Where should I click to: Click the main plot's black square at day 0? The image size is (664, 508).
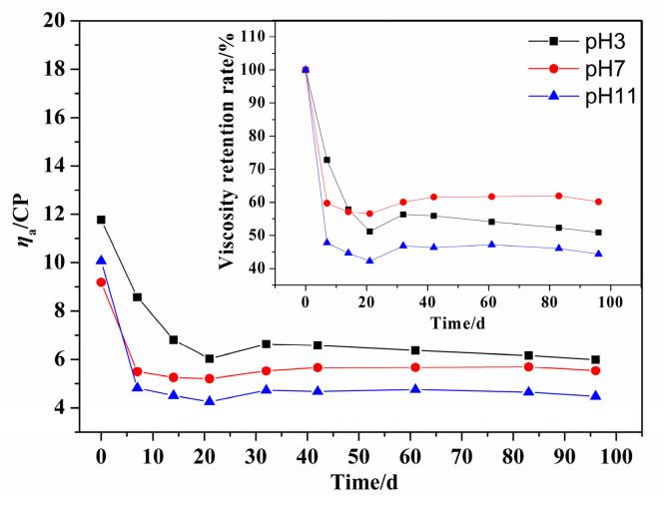click(101, 220)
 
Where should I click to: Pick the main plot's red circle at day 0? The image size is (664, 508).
click(101, 282)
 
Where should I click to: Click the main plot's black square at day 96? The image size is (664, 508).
click(595, 359)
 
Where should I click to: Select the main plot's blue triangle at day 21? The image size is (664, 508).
click(209, 400)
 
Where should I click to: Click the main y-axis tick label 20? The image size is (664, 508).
click(68, 21)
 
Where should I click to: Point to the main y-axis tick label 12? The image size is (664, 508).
click(68, 215)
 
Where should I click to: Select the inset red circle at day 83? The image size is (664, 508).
click(558, 196)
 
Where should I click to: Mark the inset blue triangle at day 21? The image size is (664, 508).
click(369, 260)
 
